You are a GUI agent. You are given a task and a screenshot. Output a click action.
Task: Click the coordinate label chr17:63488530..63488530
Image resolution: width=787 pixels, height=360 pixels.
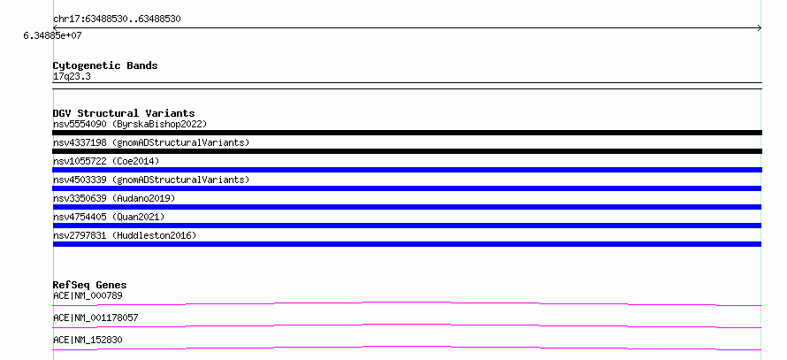point(117,19)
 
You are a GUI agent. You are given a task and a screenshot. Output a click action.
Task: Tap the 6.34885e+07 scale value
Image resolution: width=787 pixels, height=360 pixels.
point(53,36)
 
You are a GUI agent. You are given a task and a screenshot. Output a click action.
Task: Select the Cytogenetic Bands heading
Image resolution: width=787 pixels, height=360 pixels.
point(105,65)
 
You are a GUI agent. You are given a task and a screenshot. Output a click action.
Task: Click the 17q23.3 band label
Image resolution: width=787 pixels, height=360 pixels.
point(72,77)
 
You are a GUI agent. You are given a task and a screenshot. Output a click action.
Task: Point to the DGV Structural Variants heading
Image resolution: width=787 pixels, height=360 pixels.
point(124,113)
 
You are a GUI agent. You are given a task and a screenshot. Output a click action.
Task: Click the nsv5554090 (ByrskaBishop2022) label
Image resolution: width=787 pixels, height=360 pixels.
point(130,124)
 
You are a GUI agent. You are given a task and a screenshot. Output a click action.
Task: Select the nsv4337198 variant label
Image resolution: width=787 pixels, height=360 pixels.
point(151,142)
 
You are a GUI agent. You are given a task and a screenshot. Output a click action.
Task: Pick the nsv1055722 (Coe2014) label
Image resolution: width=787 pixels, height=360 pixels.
point(106,161)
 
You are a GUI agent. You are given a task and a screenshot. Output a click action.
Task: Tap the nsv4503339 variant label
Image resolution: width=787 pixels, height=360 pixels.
point(151,180)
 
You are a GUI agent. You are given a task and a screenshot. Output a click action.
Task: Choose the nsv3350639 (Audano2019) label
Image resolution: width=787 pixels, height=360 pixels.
point(114,198)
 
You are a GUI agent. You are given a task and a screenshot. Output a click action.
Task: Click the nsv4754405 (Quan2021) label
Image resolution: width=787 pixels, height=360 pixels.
point(109,217)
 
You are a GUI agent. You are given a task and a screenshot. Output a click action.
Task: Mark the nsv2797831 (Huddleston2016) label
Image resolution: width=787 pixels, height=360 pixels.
point(125,235)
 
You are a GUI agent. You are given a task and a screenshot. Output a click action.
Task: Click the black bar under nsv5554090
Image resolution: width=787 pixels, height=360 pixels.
point(407,133)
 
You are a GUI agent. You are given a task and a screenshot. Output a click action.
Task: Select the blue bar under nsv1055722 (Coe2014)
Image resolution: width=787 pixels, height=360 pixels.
point(407,170)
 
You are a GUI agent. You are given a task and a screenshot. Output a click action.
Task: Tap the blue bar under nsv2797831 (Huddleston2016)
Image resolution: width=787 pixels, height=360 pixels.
point(407,244)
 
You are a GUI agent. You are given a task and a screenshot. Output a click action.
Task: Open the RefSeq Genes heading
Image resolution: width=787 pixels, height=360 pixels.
point(90,285)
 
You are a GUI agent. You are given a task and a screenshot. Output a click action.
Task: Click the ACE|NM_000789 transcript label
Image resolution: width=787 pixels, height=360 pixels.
point(88,295)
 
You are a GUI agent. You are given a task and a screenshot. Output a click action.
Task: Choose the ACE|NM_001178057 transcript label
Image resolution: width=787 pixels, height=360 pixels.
point(96,318)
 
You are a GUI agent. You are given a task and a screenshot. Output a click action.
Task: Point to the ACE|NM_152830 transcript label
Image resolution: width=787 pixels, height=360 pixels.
point(88,340)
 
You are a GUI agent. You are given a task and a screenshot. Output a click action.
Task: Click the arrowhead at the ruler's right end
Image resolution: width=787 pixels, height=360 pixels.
point(760,28)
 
